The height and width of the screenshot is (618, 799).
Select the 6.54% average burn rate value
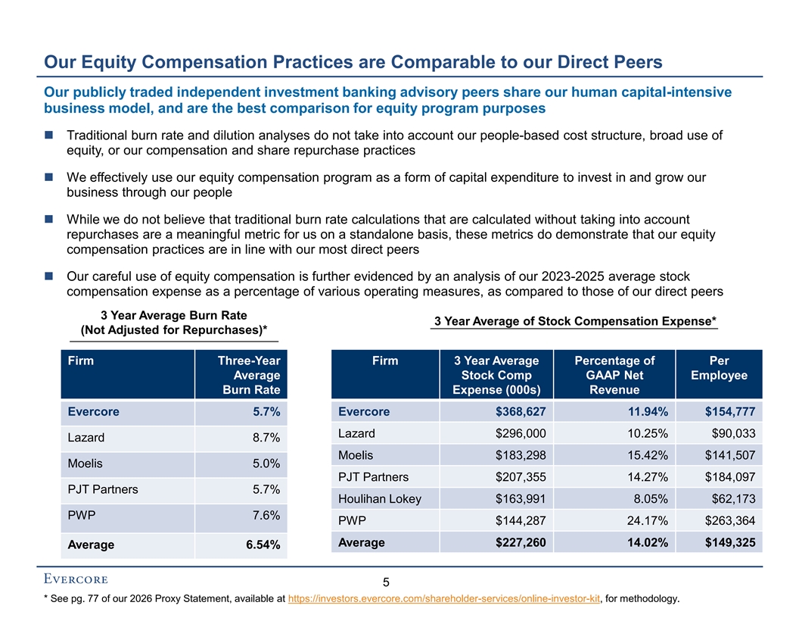263,545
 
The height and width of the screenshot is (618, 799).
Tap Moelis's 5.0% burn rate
266,463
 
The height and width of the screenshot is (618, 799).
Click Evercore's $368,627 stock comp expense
521,411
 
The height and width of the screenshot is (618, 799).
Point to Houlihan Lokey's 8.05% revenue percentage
651,498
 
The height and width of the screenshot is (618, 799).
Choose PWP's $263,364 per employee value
730,520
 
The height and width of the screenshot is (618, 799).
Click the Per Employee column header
719,367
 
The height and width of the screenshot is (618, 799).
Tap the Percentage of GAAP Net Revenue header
614,375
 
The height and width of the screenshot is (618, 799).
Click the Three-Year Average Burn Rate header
249,375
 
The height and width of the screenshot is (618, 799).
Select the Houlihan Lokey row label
380,498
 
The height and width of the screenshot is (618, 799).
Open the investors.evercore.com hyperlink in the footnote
444,598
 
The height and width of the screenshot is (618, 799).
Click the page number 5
386,582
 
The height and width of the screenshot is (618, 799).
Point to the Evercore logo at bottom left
76,579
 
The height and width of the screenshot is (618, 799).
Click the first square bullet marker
49,135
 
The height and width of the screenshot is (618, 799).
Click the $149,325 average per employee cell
730,542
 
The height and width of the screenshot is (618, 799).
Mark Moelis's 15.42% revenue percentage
648,455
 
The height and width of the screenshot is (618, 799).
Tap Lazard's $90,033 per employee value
733,433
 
